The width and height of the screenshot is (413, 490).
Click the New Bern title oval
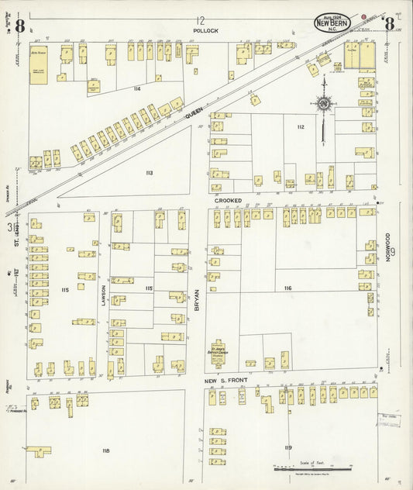pos(332,23)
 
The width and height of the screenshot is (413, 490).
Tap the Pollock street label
pos(205,31)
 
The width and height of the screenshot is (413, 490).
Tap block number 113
pos(149,172)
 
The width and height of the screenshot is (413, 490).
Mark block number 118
pos(105,450)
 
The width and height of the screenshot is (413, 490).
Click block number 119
pos(288,447)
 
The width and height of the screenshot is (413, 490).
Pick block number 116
pos(287,288)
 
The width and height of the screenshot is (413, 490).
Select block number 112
pos(300,126)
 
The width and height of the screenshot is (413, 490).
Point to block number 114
pos(136,89)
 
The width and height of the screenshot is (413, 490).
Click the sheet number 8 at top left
pos(19,24)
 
